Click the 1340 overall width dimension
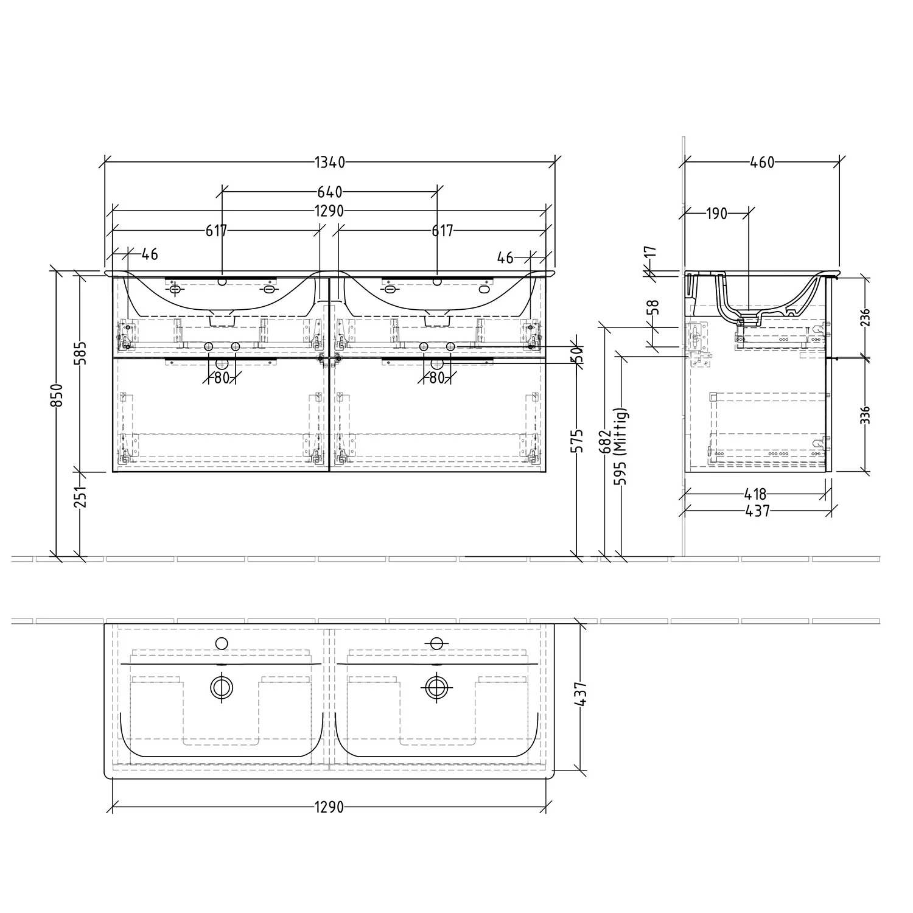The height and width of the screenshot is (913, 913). [x=330, y=163]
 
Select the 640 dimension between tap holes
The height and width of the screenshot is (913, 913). [x=330, y=192]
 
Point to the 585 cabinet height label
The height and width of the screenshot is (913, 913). [x=81, y=353]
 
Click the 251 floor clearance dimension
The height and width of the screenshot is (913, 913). [x=81, y=496]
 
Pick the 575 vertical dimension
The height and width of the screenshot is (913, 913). [x=578, y=441]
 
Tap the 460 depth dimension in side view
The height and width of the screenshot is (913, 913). [x=762, y=163]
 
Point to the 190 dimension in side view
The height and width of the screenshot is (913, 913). [x=717, y=214]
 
